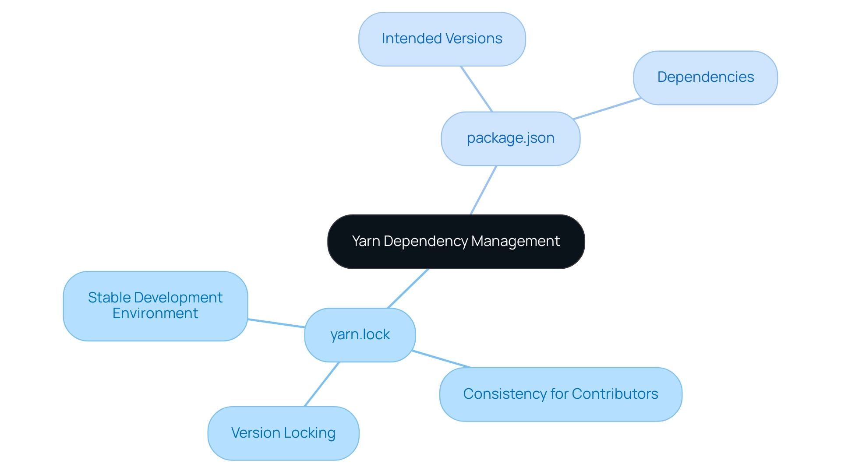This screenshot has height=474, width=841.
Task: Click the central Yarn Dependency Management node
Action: point(456,242)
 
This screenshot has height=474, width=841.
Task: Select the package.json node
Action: point(510,138)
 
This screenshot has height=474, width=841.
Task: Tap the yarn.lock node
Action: point(360,335)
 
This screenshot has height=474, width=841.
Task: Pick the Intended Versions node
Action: point(442,39)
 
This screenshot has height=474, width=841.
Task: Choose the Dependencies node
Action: point(705,77)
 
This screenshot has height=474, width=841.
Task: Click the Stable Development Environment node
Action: point(155,305)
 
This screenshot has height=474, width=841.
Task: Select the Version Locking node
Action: point(283,433)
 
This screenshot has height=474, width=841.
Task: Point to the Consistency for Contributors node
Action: point(560,394)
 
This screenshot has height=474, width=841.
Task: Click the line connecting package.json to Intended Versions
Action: point(477,89)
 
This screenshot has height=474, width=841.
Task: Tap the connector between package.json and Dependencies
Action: point(607,109)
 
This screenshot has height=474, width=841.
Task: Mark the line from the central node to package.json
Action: point(483,190)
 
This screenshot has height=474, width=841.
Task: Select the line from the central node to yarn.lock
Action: point(408,288)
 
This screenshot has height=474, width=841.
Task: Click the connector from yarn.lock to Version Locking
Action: point(322,384)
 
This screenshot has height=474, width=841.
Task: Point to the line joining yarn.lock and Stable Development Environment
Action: point(276,323)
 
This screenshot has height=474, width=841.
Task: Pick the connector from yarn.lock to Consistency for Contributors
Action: point(442,359)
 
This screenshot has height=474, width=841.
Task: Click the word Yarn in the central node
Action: point(366,242)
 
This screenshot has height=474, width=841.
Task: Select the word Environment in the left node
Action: point(155,313)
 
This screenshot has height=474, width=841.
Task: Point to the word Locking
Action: point(310,433)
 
